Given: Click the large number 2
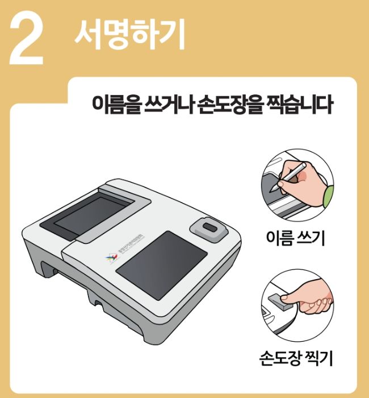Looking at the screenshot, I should (x=27, y=40).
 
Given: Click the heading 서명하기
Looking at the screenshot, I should (x=129, y=35).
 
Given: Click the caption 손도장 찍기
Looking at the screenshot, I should (x=295, y=358).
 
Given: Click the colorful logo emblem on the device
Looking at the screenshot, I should (x=110, y=260).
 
